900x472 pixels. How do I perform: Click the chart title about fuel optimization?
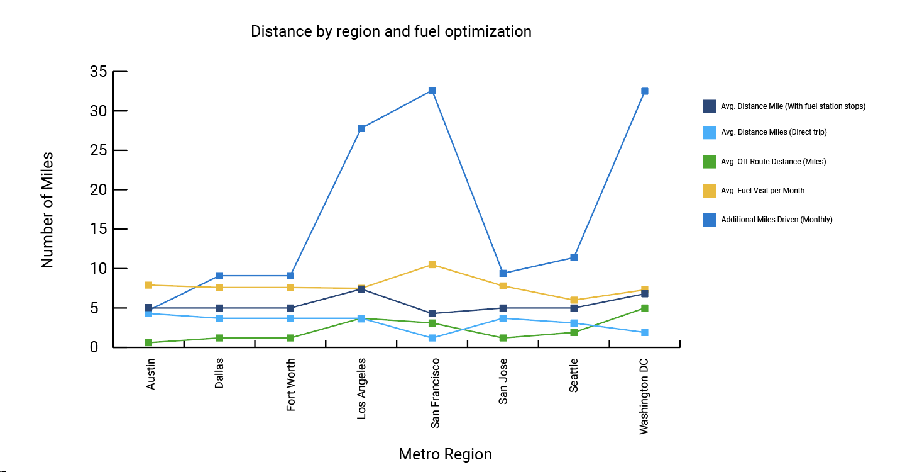(x=391, y=31)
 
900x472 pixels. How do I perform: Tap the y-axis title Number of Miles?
(x=48, y=210)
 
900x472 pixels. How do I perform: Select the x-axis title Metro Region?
(x=445, y=454)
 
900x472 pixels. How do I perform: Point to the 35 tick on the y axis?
(x=99, y=72)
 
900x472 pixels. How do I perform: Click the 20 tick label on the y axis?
(x=99, y=190)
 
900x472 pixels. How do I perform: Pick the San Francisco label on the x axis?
(x=436, y=393)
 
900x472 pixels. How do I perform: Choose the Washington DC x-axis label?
(x=644, y=396)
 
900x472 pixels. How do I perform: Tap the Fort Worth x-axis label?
(x=290, y=385)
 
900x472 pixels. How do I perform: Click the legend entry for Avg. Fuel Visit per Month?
(x=762, y=191)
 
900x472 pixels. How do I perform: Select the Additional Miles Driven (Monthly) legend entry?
(x=776, y=220)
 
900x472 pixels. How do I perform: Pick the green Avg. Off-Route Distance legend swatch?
(x=710, y=162)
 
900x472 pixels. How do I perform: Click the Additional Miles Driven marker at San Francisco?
(x=432, y=91)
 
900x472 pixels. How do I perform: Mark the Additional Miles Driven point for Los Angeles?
(x=361, y=128)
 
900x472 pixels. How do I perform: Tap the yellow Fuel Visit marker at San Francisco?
(x=432, y=265)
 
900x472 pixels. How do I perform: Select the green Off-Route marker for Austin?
(x=149, y=343)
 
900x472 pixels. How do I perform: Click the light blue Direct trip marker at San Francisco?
(x=432, y=339)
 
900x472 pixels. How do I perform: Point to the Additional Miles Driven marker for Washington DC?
(x=645, y=91)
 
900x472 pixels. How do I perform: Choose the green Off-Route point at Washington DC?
(x=645, y=308)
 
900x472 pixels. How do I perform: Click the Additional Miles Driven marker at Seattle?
(x=574, y=257)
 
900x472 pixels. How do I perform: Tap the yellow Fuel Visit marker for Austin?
(x=149, y=285)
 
